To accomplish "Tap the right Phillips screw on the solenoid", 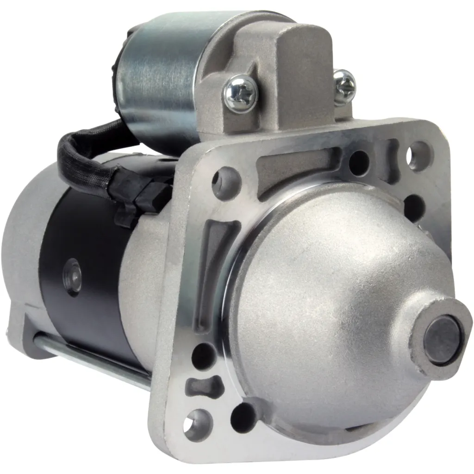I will (344, 86).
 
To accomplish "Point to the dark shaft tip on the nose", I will (443, 339).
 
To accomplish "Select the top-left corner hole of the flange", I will (225, 182).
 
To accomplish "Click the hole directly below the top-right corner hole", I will (414, 206).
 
